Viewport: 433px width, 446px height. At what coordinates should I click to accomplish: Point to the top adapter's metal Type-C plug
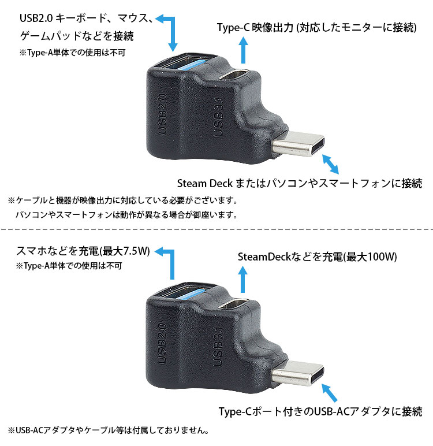coord(300,146)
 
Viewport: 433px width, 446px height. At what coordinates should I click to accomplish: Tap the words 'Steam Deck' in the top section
coord(204,184)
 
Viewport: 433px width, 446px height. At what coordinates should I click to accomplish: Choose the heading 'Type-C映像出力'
coord(254,27)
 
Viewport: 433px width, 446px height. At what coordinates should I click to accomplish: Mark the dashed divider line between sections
coord(216,231)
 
